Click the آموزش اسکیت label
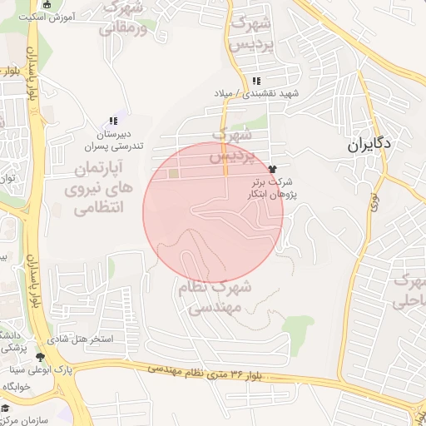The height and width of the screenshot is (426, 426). tap(47, 17)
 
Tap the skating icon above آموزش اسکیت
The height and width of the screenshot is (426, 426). tap(47, 5)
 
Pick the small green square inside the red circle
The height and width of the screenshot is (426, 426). tap(173, 174)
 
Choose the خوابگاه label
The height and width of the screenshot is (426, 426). tap(17, 388)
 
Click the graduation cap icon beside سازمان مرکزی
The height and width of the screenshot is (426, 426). tap(4, 408)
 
